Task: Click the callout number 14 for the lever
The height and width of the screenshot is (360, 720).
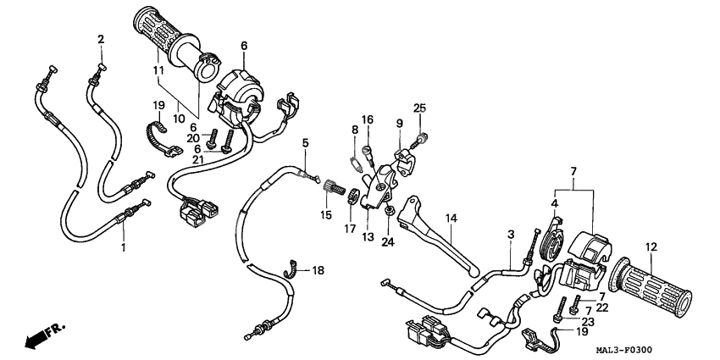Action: click(451, 219)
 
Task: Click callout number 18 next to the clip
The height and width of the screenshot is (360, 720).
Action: click(318, 270)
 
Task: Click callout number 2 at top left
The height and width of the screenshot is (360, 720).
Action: click(101, 39)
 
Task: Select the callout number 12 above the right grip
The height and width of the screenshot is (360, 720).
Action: click(651, 247)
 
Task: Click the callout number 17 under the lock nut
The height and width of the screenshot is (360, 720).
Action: click(348, 228)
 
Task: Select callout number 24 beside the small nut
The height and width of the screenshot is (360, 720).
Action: click(388, 242)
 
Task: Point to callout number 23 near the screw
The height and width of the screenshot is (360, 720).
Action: click(587, 321)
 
